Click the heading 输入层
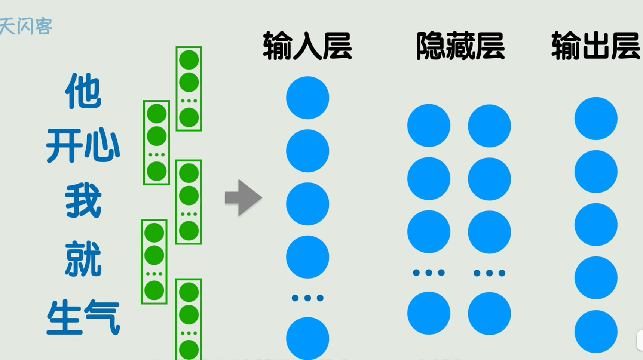click(x=307, y=46)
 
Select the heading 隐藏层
click(x=460, y=46)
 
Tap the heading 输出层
click(x=596, y=46)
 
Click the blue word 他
click(x=83, y=91)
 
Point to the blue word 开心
click(x=83, y=146)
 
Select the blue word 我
click(x=83, y=200)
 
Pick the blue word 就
click(x=83, y=259)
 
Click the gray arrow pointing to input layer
click(x=243, y=198)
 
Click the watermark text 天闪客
click(x=26, y=27)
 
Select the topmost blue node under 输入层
click(x=307, y=98)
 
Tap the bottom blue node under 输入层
click(x=307, y=338)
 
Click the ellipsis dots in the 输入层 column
click(x=307, y=298)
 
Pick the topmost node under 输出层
click(x=596, y=119)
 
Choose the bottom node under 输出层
click(x=596, y=332)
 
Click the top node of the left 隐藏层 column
click(x=429, y=126)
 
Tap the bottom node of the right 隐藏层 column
click(x=489, y=314)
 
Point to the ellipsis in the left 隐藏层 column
click(x=429, y=273)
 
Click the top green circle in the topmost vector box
click(x=189, y=60)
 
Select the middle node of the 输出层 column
click(x=596, y=225)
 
